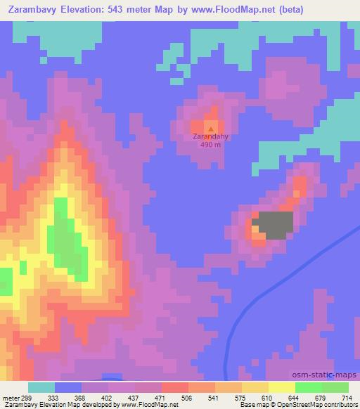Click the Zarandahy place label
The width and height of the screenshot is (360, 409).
(212, 137)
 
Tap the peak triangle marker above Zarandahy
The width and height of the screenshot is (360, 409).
(212, 129)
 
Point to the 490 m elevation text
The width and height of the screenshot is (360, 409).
(212, 145)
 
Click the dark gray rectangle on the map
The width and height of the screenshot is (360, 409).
(274, 225)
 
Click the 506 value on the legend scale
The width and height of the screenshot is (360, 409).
(188, 397)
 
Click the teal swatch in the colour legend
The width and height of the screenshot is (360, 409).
(41, 387)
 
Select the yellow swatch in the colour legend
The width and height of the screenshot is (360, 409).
(281, 387)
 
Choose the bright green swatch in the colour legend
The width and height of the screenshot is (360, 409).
(308, 387)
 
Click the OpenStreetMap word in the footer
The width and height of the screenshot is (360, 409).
(307, 405)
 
